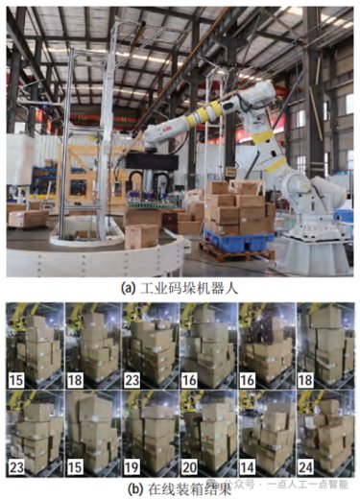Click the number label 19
coord(132,467)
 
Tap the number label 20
coord(190,467)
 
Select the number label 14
coord(248,467)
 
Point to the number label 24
coord(305,467)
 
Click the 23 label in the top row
coord(132,380)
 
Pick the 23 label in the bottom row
coord(16,467)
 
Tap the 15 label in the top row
coord(16,380)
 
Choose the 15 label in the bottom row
coord(75,467)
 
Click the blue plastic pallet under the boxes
coord(239,241)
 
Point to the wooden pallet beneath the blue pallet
coord(237,252)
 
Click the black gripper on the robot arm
coord(152,161)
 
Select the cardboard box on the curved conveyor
coord(141,236)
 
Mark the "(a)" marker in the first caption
coord(127,288)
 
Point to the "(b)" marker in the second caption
coord(134,489)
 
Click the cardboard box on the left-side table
coord(28,218)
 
